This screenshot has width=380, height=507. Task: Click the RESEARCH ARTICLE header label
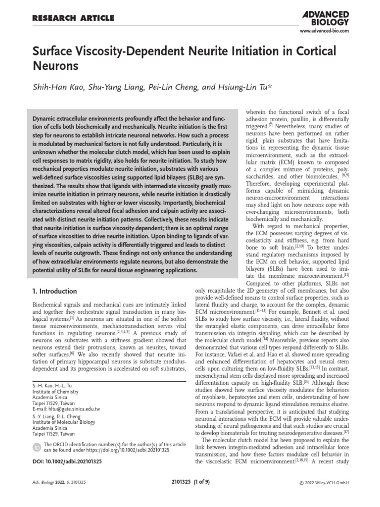tap(73, 19)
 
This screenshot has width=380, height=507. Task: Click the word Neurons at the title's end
tap(56, 66)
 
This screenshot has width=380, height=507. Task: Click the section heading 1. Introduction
tap(54, 291)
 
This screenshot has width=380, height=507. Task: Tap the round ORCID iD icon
tap(37, 448)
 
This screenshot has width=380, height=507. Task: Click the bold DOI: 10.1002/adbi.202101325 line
tap(67, 461)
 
